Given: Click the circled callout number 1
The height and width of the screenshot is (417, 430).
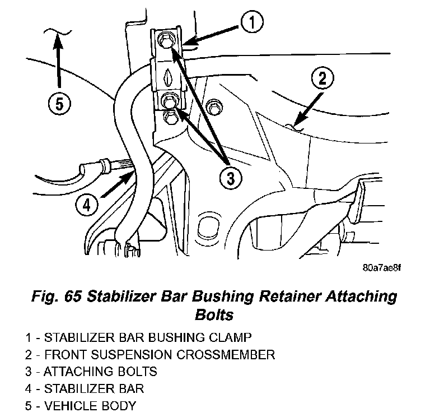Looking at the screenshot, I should pos(253,24).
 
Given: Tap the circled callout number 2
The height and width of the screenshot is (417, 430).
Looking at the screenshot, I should pos(322,78).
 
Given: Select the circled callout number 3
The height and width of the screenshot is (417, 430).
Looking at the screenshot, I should pos(230,178).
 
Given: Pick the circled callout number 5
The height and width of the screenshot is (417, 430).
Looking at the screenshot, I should pos(59,104).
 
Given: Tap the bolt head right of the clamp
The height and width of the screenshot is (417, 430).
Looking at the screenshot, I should pos(213,106).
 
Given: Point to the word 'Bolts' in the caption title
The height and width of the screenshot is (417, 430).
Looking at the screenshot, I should pos(214,314).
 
